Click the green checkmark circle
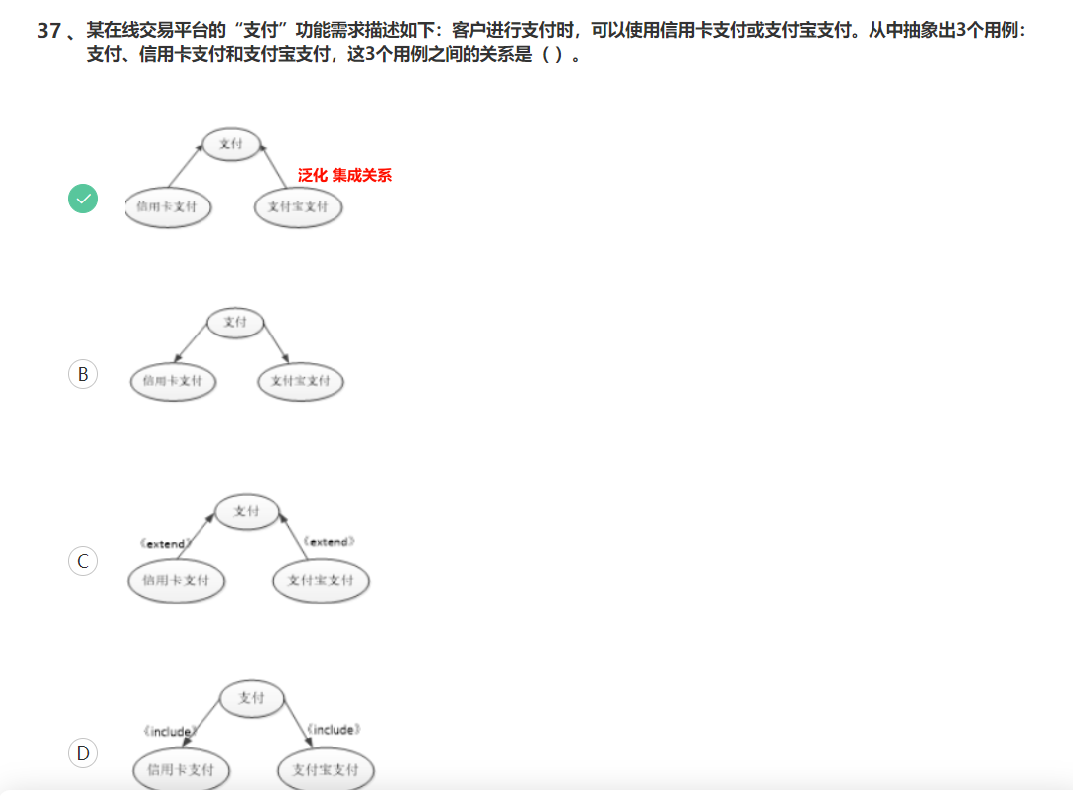point(83,200)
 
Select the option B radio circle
point(83,374)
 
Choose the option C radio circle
point(83,561)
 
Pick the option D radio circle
point(83,754)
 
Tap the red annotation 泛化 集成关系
point(344,176)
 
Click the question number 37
point(49,31)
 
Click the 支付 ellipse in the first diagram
point(230,144)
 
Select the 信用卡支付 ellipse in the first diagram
point(167,207)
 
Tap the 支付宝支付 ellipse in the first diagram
point(298,207)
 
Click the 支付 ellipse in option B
point(235,322)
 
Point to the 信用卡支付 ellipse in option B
point(173,381)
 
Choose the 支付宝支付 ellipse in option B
point(301,381)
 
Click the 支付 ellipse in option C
point(246,511)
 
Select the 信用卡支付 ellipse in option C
point(176,580)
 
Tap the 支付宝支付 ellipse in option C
point(321,580)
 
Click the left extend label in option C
point(165,544)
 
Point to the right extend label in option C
point(329,542)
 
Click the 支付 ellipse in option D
point(251,698)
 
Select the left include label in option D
point(169,732)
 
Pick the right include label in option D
point(333,730)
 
